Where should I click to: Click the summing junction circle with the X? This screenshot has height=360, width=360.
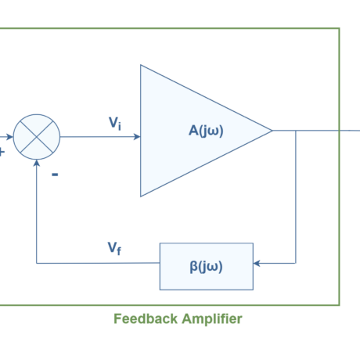[37, 137]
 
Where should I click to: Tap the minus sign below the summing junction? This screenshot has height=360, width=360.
[55, 175]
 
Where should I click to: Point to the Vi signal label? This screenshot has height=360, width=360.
[115, 123]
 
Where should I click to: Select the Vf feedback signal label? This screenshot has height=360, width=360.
[114, 248]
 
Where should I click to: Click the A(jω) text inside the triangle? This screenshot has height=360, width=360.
[206, 131]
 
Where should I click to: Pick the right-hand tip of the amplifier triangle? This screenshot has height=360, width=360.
[271, 131]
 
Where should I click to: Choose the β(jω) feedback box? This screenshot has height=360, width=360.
[207, 266]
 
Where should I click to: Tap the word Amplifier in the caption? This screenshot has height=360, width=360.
[212, 319]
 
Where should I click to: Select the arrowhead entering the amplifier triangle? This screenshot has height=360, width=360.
[136, 137]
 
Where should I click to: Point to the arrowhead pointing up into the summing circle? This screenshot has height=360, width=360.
[37, 164]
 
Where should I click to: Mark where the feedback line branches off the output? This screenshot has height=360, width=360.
[296, 131]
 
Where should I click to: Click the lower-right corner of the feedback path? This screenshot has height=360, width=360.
[296, 263]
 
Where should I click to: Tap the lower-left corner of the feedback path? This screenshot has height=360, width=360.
[37, 263]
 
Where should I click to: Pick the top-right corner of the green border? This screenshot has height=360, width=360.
[339, 29]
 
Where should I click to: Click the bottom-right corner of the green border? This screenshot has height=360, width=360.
[339, 304]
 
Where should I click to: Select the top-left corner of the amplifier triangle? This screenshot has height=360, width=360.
[141, 66]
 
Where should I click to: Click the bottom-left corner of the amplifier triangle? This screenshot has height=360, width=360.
[141, 196]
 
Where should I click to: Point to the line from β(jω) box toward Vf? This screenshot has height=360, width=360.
[98, 263]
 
